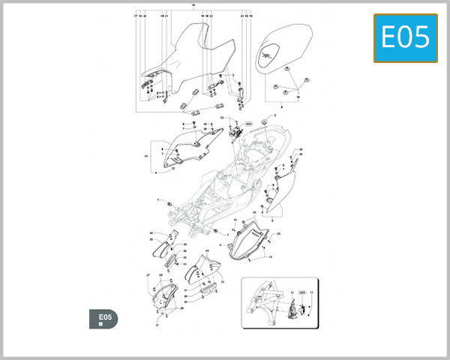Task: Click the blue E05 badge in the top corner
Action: click(405, 37)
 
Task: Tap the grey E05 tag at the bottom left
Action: click(106, 319)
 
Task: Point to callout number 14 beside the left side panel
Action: click(145, 156)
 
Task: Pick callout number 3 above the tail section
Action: click(274, 116)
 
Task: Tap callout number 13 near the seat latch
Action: click(222, 118)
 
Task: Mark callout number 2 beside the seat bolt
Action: click(233, 75)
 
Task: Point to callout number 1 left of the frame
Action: click(159, 200)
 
